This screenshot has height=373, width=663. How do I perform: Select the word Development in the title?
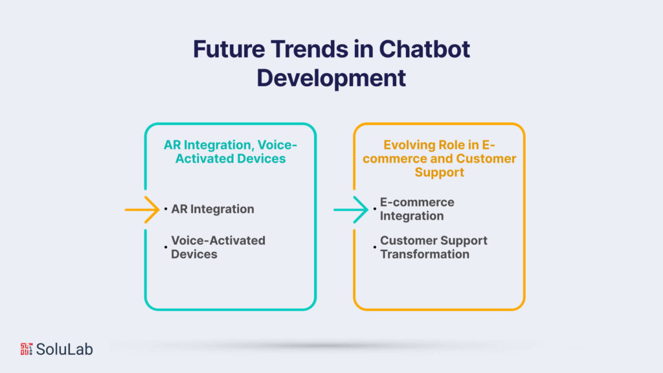coord(331,77)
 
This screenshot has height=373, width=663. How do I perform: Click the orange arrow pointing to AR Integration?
coord(142,209)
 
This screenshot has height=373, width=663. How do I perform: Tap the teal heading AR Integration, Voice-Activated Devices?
coord(230,152)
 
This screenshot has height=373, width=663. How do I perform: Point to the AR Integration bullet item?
coord(212,209)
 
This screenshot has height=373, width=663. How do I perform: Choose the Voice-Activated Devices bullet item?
coord(218,247)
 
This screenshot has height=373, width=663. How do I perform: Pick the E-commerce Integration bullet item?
coord(417,209)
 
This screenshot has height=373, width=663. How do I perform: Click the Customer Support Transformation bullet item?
coord(433,247)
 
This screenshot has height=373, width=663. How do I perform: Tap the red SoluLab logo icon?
coord(26,349)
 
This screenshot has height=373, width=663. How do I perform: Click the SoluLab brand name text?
coord(65,349)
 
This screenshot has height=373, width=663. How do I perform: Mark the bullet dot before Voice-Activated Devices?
coord(166,247)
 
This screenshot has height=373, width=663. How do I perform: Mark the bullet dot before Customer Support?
coord(375,247)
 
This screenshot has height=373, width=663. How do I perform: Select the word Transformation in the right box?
coord(425,254)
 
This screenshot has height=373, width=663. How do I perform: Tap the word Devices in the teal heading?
coord(259,159)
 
